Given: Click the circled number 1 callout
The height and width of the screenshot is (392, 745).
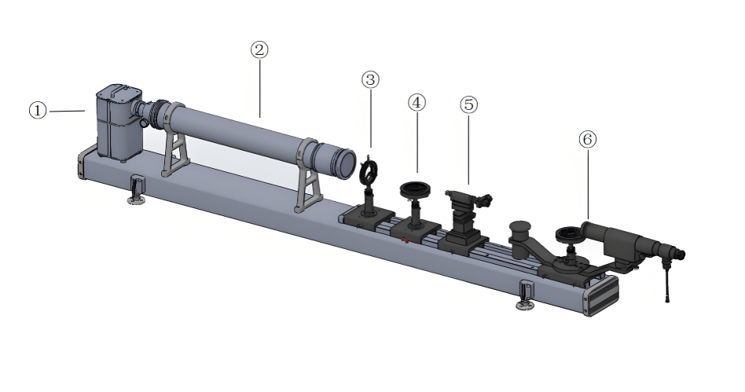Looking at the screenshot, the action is (x=38, y=111).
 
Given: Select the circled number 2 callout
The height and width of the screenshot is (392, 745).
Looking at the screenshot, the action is (x=259, y=49).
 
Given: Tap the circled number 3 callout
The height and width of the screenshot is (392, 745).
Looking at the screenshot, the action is (x=371, y=79).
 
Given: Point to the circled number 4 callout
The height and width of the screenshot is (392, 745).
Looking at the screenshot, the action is (x=417, y=103).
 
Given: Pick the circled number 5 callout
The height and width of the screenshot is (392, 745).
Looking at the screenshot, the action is (x=469, y=104).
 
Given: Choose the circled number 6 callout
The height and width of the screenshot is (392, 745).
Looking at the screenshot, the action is (x=588, y=139).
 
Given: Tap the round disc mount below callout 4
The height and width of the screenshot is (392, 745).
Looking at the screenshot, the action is (x=416, y=189).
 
